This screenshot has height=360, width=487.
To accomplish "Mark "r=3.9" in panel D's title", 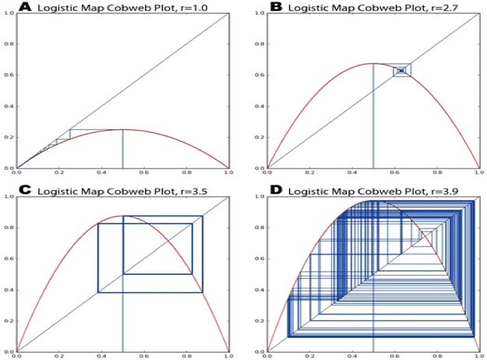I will [441, 191].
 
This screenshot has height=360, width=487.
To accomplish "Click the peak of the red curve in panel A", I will [122, 129].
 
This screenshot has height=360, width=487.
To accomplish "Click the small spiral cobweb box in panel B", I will [401, 70].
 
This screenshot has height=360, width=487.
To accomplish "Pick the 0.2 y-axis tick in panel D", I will [259, 321].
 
